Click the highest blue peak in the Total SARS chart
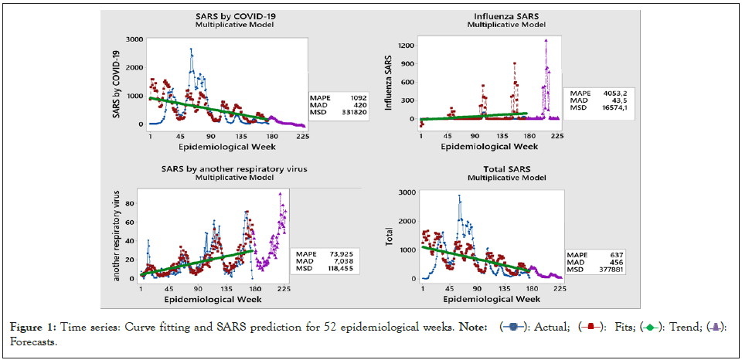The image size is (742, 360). point(459,196)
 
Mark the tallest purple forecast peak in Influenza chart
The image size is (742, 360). point(546,39)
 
